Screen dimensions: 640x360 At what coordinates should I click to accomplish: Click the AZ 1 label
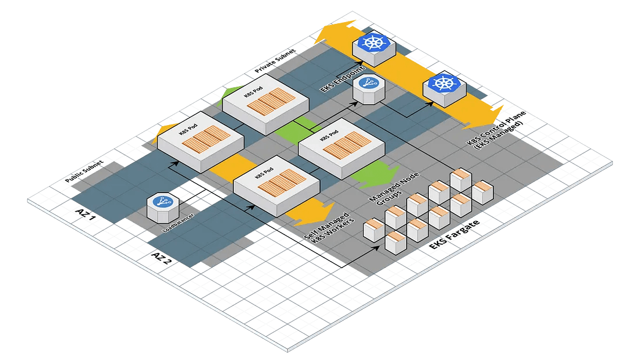tap(86, 215)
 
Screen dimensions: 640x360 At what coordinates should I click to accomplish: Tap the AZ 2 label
tap(161, 258)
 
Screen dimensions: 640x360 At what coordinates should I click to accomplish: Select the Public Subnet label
tap(84, 171)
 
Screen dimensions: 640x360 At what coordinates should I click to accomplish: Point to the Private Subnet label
tap(275, 61)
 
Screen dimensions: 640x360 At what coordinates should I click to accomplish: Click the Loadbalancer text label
tap(178, 223)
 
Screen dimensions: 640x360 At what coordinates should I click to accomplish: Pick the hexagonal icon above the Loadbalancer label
tap(163, 208)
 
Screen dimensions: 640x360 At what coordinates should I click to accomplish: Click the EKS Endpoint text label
tap(342, 79)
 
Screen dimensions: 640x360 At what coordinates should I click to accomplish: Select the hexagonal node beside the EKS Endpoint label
tap(369, 89)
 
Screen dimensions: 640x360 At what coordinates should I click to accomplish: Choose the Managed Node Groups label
tap(393, 189)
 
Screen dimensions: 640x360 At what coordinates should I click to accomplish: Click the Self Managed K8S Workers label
tap(329, 228)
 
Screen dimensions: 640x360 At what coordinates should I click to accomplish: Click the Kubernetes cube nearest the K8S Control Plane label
tap(444, 90)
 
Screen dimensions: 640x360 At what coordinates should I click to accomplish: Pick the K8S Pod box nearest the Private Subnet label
tap(265, 105)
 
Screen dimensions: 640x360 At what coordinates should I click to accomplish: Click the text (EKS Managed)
tap(499, 136)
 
